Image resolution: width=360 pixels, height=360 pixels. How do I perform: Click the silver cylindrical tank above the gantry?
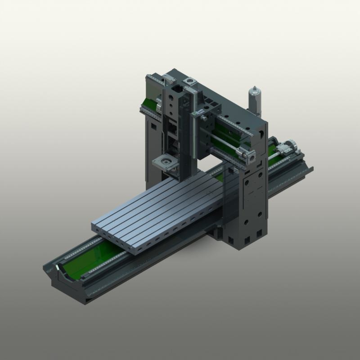click(x=255, y=101)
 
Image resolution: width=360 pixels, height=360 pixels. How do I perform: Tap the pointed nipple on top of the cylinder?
click(x=255, y=88)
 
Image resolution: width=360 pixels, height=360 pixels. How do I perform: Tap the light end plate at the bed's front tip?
click(x=58, y=270)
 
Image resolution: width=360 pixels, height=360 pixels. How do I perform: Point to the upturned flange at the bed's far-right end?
click(x=310, y=170)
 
